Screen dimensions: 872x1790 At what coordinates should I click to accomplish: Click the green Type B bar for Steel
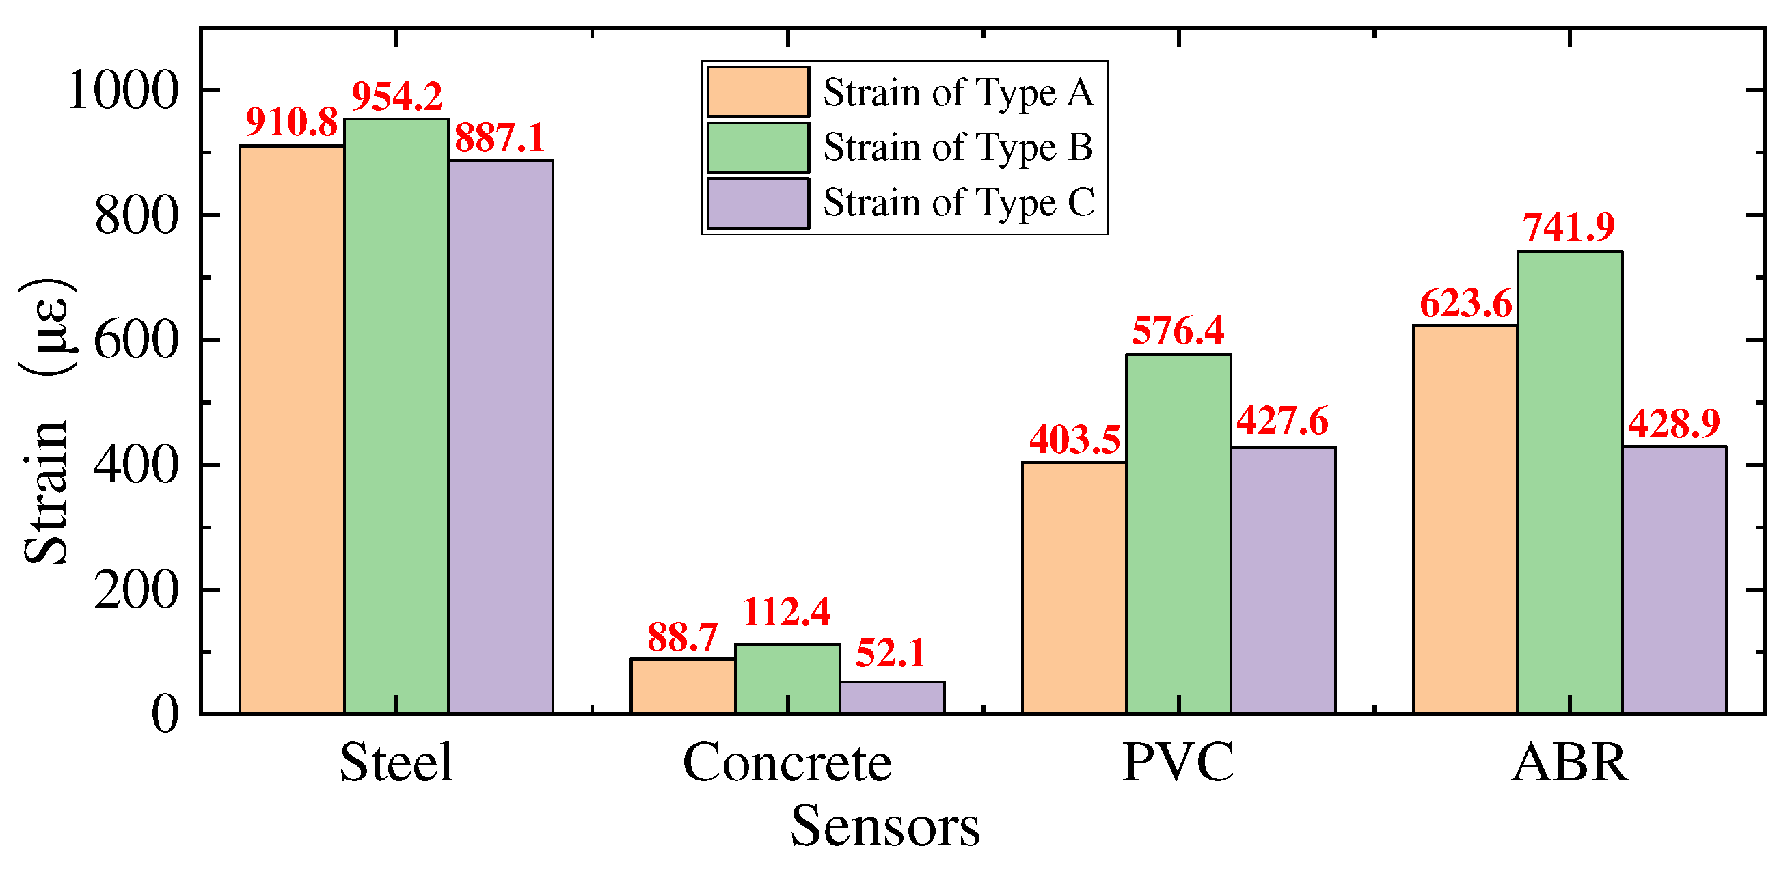pos(396,417)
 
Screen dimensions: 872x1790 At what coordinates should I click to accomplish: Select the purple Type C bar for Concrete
pos(891,697)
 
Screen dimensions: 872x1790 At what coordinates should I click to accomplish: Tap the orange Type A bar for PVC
pos(1074,588)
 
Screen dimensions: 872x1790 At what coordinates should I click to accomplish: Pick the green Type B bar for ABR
pos(1569,482)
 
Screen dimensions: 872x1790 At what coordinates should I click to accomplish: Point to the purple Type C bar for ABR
pos(1674,580)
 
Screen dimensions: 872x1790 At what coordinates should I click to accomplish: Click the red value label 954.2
pos(397,96)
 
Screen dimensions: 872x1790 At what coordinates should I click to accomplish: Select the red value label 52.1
pos(890,653)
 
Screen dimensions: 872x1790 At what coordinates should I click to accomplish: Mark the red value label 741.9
pos(1569,226)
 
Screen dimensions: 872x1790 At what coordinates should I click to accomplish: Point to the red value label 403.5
pos(1074,440)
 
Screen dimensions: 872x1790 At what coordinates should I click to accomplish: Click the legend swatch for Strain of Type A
pos(758,92)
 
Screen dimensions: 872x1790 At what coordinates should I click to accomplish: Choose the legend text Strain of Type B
pos(958,148)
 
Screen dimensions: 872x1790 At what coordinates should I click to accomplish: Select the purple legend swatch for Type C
pos(758,203)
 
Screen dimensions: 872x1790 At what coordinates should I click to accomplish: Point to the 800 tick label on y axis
pos(136,215)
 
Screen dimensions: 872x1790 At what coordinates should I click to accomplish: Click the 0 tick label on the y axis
pos(165,714)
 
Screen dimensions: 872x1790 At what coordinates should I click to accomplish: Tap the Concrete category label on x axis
pos(787,763)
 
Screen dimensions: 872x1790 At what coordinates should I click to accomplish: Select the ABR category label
pos(1569,763)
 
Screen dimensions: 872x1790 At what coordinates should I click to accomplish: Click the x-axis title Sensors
pos(884,826)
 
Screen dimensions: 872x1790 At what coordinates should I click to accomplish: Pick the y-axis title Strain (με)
pos(46,420)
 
